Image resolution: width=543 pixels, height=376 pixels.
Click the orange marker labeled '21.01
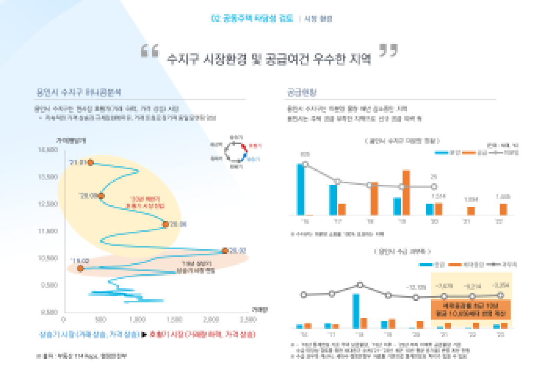90,162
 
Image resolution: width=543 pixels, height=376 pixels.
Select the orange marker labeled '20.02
225,251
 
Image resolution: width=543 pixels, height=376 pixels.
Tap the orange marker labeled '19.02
80,268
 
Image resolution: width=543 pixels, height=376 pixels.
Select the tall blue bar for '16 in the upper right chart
300,189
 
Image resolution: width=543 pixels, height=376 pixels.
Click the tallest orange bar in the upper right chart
406,192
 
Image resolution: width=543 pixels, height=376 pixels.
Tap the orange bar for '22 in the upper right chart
503,209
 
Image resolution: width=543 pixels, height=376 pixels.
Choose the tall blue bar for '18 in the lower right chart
356,311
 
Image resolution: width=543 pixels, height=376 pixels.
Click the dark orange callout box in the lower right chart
471,309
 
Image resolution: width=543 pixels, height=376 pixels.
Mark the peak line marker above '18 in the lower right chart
360,285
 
